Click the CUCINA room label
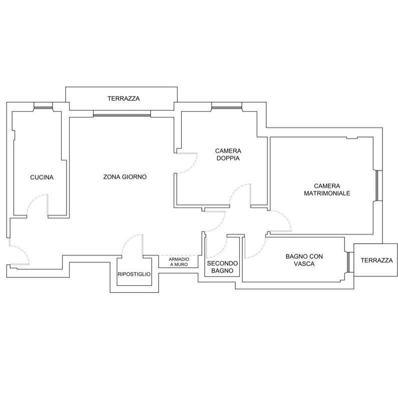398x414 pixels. (42, 177)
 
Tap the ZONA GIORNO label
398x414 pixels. (125, 177)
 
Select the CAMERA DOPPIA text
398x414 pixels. (228, 154)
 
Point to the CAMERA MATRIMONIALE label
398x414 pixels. (326, 189)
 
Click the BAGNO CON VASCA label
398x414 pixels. (304, 260)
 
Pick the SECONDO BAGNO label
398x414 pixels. (223, 267)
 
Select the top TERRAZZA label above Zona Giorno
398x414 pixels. (123, 99)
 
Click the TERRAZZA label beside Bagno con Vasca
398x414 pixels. (376, 260)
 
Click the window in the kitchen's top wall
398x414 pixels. (43, 106)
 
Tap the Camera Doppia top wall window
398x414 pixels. (227, 106)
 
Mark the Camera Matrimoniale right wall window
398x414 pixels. (378, 186)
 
